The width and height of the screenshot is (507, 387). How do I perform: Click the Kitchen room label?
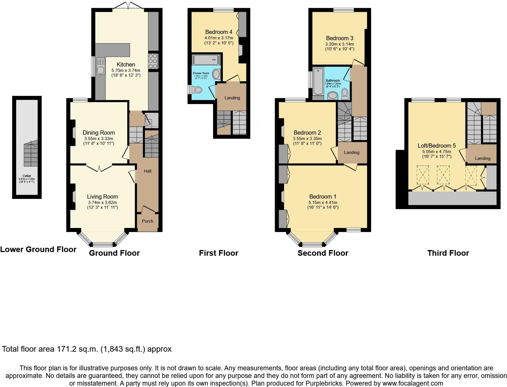[x=126, y=64]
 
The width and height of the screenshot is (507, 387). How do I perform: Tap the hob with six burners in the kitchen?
[x=153, y=61]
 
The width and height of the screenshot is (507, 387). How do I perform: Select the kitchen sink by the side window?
[x=100, y=65]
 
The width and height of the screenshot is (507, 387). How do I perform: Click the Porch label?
[x=147, y=221]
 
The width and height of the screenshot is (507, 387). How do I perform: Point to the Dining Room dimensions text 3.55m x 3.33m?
[x=98, y=139]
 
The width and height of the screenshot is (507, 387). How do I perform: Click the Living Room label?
[x=102, y=197]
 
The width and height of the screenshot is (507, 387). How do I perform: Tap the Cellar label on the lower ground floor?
[x=27, y=176]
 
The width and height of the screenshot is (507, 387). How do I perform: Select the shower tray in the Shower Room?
[x=206, y=60]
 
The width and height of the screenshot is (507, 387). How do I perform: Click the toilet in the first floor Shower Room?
[x=197, y=90]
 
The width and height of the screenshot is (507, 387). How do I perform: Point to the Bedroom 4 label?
[x=219, y=32]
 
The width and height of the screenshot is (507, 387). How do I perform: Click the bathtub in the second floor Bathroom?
[x=318, y=81]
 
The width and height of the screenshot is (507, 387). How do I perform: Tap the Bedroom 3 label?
[x=340, y=38]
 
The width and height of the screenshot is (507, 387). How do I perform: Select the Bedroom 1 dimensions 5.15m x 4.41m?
[x=323, y=203]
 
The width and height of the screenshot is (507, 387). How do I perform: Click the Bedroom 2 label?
[x=307, y=133]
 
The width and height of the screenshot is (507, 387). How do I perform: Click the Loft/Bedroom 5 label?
[x=437, y=146]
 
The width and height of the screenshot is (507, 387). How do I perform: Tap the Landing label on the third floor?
[x=482, y=158]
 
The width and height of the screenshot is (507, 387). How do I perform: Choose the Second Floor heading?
[x=323, y=253]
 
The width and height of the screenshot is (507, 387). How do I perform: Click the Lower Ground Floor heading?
[x=38, y=249]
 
